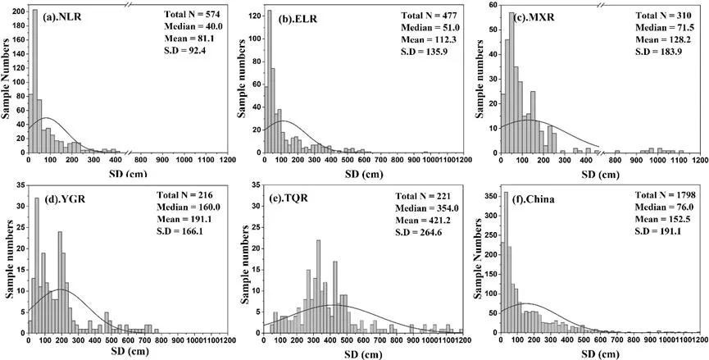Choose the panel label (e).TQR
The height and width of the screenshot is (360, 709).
pos(298,198)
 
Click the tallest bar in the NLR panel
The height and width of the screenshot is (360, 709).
pos(34,82)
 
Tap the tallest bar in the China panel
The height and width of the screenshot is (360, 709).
pos(505,262)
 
